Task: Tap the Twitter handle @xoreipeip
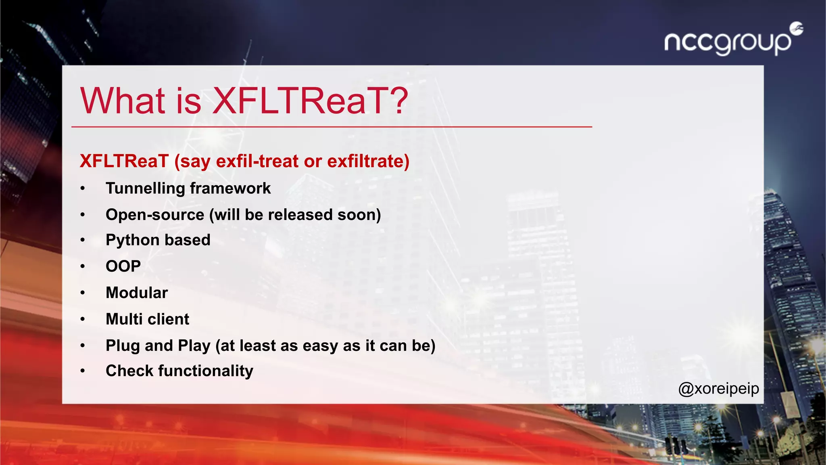click(718, 389)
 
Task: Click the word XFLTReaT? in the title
click(310, 101)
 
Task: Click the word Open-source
click(155, 215)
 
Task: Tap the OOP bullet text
click(123, 266)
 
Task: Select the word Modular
click(136, 293)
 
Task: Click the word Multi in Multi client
click(125, 319)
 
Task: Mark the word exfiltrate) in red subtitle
click(368, 161)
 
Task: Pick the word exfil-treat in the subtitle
click(257, 161)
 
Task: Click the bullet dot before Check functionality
click(83, 371)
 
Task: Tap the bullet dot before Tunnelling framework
click(83, 189)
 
